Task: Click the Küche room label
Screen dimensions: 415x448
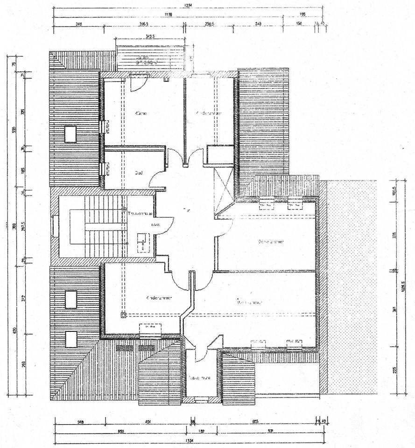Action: tap(141, 113)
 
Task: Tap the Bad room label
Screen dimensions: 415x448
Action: tap(139, 173)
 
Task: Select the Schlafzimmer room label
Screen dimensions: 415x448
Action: tap(272, 242)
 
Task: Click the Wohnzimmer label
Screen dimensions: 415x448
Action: tap(250, 302)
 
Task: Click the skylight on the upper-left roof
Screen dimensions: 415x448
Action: tap(70, 134)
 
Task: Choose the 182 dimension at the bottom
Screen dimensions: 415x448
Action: tap(202, 430)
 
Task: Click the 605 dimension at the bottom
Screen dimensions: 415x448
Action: tap(255, 421)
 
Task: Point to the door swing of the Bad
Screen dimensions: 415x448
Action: tap(159, 180)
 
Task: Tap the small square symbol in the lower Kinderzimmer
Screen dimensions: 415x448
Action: tap(123, 315)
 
